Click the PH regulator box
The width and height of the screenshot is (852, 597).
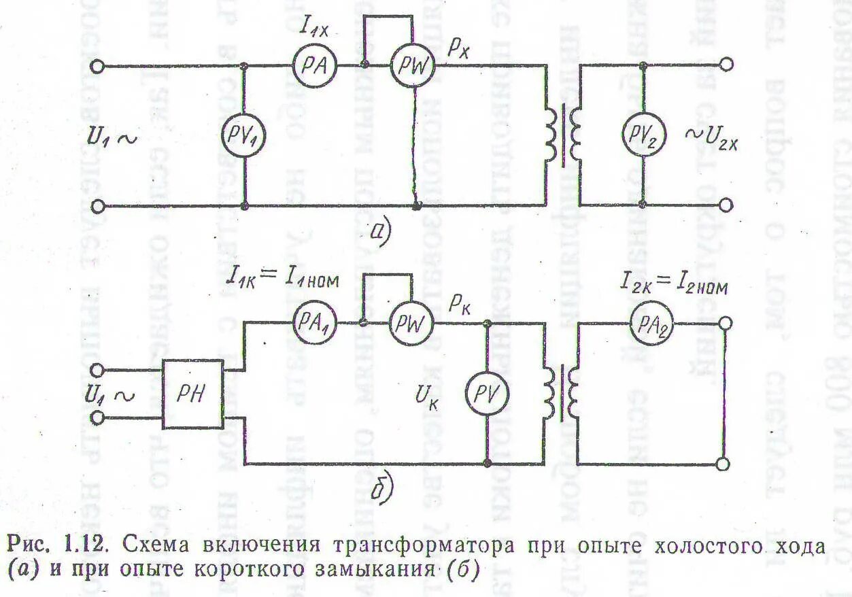coord(193,393)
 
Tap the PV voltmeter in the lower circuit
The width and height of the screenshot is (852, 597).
coord(488,392)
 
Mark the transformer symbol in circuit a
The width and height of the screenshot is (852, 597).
coord(563,136)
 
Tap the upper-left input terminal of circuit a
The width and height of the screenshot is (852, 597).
coord(98,66)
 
